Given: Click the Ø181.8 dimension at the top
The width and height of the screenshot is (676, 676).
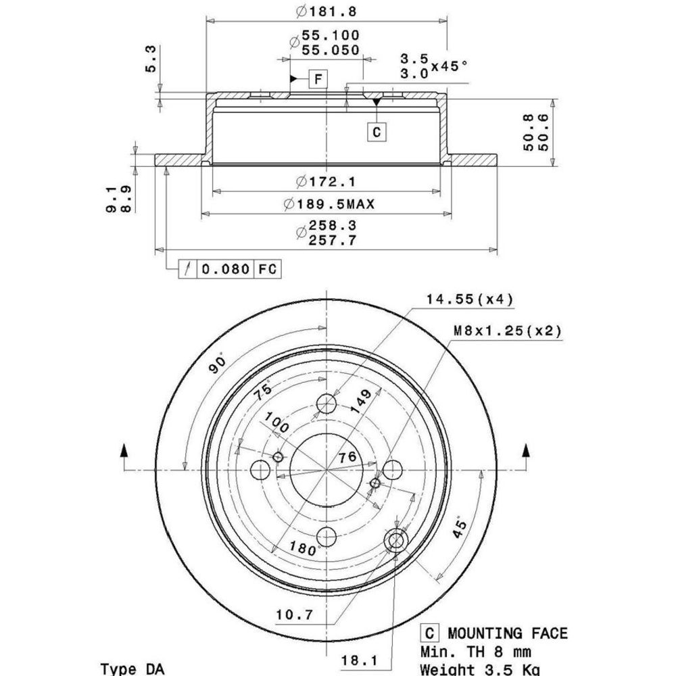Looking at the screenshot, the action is pos(327,11).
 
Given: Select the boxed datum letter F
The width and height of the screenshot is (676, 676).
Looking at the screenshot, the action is pos(318,79).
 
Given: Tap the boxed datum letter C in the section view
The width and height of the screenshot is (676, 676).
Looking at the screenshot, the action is pos(377,132).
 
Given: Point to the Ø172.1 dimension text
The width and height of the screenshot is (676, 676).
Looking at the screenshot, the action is pos(327,181).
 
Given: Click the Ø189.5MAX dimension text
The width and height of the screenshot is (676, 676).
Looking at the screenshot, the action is pos(329,203).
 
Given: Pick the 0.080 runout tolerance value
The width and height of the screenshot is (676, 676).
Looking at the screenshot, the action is pos(226,269).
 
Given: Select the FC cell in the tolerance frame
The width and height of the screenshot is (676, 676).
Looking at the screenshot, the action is pos(267,269).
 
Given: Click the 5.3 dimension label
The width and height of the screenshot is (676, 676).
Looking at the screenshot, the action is pos(151,59).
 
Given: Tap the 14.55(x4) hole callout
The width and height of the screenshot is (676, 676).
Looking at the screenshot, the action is pos(470,299).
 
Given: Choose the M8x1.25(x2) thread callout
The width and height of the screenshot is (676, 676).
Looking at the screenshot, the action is pos(508,331).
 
